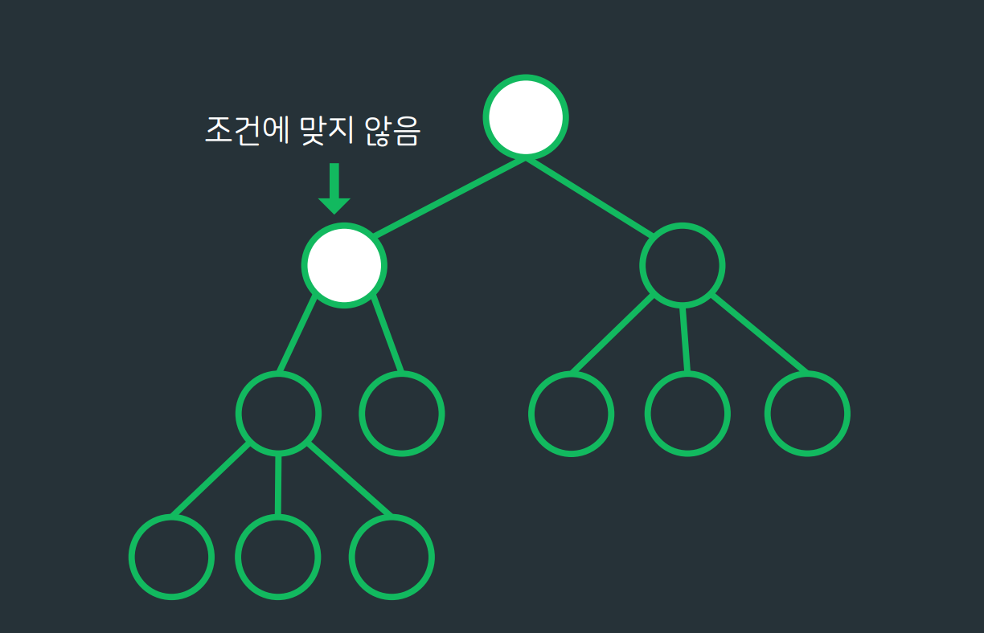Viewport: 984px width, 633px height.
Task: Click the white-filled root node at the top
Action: click(526, 116)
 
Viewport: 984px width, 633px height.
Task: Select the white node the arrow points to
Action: click(344, 265)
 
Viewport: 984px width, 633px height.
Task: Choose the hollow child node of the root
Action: click(682, 265)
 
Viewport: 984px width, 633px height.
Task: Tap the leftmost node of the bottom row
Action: click(171, 557)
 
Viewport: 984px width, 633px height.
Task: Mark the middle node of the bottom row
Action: click(277, 557)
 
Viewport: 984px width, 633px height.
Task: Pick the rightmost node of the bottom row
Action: click(392, 557)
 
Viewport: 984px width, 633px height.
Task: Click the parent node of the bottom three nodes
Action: click(278, 414)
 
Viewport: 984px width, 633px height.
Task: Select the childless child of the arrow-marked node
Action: click(401, 414)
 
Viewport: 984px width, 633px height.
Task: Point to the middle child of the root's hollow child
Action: click(687, 414)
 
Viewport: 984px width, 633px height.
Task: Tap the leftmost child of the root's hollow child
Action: click(572, 414)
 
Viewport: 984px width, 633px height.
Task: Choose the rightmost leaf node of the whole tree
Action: click(807, 414)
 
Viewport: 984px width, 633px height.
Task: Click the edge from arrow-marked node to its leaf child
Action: click(387, 335)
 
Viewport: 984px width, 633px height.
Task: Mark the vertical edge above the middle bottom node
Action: click(278, 484)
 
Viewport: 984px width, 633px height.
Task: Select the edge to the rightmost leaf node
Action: click(758, 335)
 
